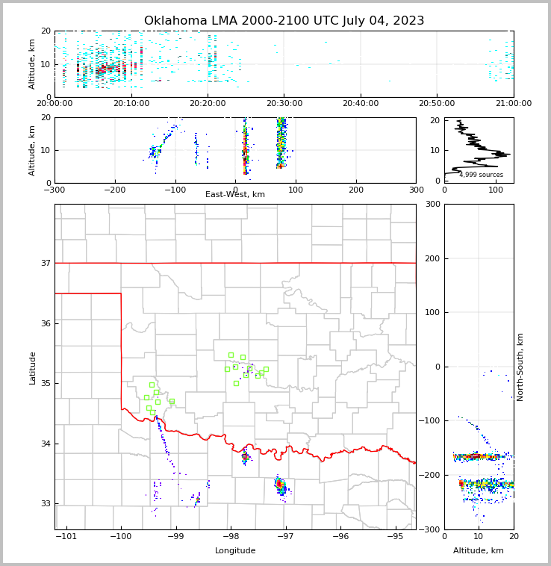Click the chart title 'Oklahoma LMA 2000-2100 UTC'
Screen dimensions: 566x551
(284, 21)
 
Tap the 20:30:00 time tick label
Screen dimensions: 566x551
(284, 104)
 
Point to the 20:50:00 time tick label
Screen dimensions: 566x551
(437, 104)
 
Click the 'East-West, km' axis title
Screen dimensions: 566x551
(235, 195)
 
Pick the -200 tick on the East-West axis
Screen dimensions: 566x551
(114, 190)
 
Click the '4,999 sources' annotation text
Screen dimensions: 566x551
(481, 175)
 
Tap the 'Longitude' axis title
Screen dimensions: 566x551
(235, 551)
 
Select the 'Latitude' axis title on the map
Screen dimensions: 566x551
(33, 367)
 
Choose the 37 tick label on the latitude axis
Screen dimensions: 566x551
(45, 263)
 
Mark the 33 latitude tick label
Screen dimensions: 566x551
(45, 504)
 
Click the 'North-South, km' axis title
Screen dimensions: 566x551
(520, 367)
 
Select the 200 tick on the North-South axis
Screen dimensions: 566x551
(432, 258)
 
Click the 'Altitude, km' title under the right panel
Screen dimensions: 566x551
(479, 551)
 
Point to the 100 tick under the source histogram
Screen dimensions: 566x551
(496, 190)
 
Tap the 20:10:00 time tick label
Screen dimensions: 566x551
(132, 104)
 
